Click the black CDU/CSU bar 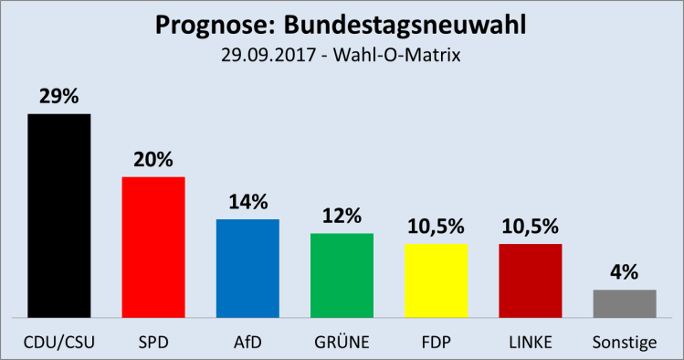tap(59, 215)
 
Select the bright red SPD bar tap(153, 247)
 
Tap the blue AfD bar tap(247, 268)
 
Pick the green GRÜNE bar tap(342, 274)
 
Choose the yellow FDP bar tap(436, 280)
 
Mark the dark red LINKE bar tap(530, 280)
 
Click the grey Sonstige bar tap(625, 302)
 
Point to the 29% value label tap(59, 96)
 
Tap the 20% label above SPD tap(153, 159)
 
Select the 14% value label tap(247, 202)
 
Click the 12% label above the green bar tap(342, 216)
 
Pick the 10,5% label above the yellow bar tap(436, 227)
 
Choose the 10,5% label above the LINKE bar tap(530, 227)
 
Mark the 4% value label tap(625, 272)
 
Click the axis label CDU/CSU tap(59, 342)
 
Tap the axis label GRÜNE tap(342, 342)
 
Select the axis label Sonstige tap(625, 342)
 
